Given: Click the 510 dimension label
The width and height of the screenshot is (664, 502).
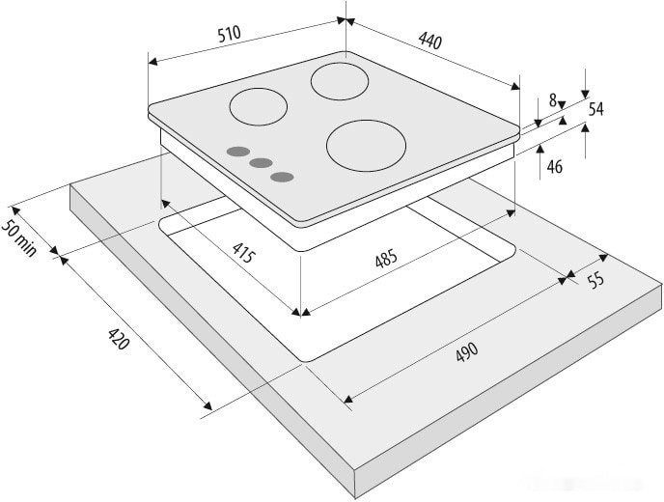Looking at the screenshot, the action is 230,34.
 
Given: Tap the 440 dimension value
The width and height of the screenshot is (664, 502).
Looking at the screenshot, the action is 430,41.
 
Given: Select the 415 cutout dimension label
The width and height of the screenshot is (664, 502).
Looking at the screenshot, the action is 244,253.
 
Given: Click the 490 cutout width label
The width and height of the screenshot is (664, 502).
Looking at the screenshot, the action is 467,352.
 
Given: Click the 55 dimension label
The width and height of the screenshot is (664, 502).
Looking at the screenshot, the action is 595,280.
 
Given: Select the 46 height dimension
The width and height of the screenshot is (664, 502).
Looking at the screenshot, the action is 555,167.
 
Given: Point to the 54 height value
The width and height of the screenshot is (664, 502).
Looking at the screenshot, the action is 595,109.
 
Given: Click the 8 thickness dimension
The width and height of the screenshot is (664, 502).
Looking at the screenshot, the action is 553,100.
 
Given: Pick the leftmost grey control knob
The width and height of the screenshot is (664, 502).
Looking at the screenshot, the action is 238,152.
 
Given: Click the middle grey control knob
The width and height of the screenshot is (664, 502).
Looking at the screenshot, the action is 261,163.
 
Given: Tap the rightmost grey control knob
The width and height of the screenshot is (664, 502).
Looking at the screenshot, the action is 283,177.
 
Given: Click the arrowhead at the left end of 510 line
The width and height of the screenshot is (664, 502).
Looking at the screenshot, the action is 152,62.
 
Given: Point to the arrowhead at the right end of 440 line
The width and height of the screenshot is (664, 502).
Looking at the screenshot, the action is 515,87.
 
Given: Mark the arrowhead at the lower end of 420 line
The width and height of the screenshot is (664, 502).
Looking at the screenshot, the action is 207,405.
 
